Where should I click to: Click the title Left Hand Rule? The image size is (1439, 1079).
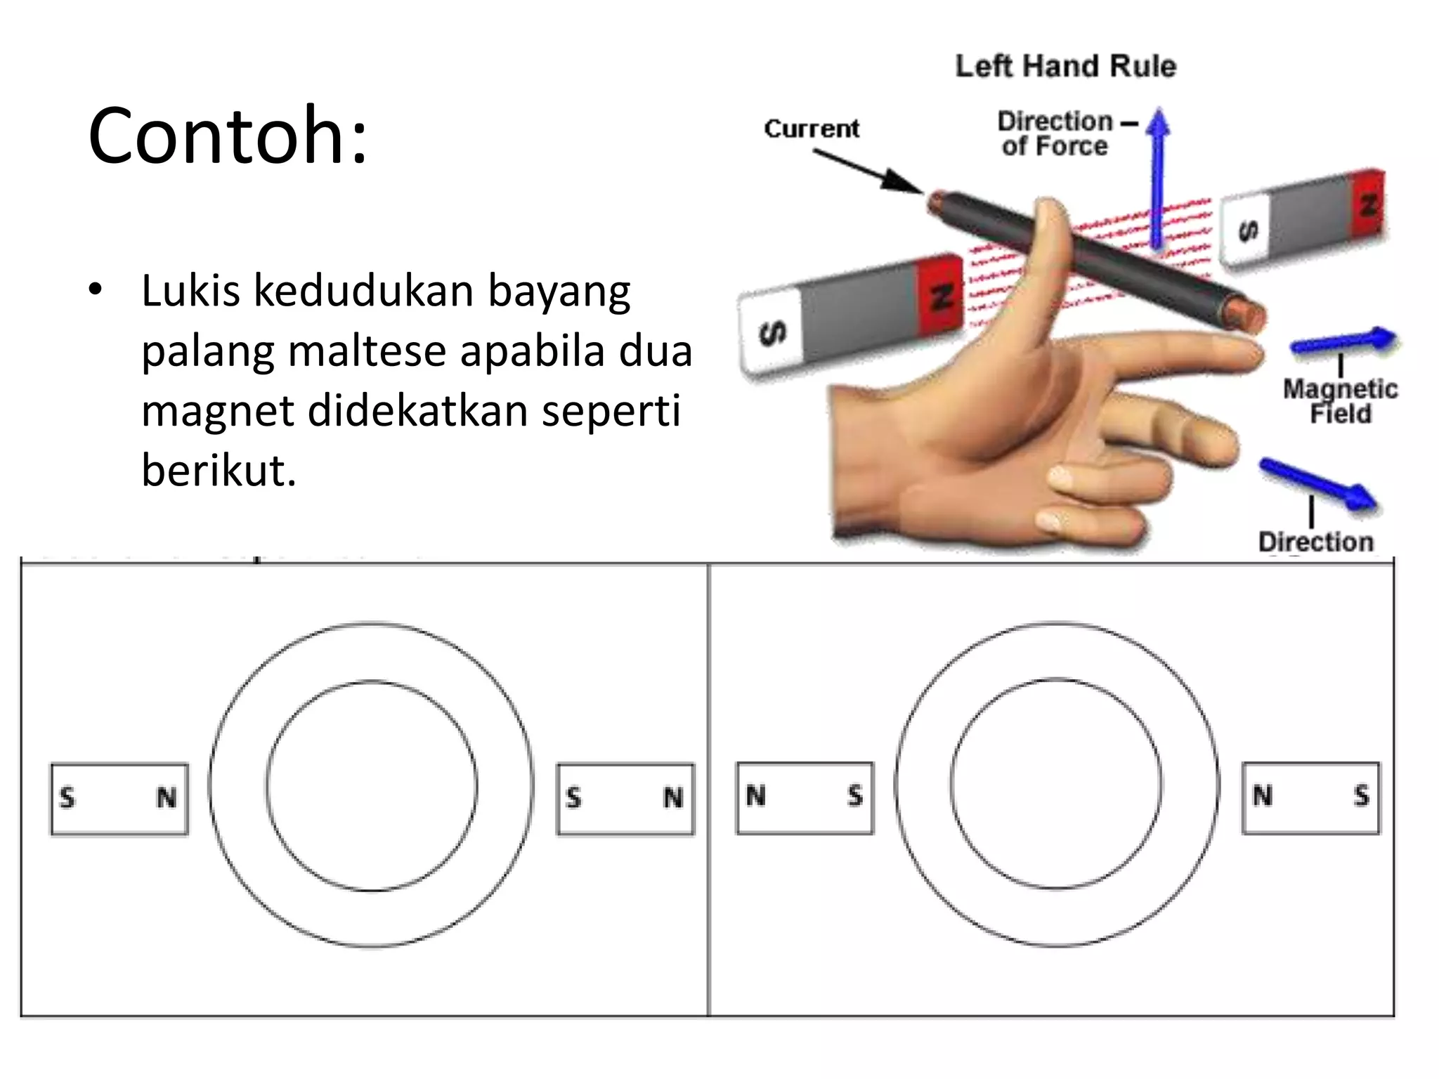pyautogui.click(x=1065, y=66)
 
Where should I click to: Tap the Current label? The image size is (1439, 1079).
pyautogui.click(x=812, y=129)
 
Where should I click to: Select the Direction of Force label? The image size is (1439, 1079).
pyautogui.click(x=1055, y=133)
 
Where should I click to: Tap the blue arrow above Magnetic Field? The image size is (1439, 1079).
pyautogui.click(x=1342, y=341)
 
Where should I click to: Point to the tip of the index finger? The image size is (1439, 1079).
pyautogui.click(x=1247, y=351)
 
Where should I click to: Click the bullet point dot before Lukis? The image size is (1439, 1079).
pyautogui.click(x=96, y=290)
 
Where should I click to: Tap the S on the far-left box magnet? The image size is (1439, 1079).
pyautogui.click(x=67, y=798)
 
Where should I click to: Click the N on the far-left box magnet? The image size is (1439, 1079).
pyautogui.click(x=167, y=798)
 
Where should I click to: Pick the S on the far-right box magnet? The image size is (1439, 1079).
pyautogui.click(x=1362, y=796)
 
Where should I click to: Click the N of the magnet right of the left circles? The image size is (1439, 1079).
pyautogui.click(x=672, y=798)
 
